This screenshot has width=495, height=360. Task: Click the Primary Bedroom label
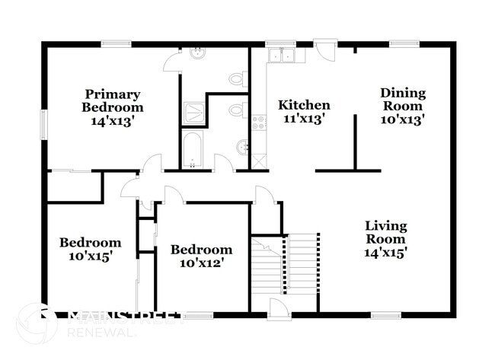click(x=112, y=107)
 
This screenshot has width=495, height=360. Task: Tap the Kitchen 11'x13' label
click(x=304, y=112)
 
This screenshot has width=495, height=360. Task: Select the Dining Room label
click(x=403, y=106)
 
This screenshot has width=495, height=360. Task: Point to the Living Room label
click(x=385, y=239)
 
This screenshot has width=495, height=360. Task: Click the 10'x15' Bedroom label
click(x=91, y=250)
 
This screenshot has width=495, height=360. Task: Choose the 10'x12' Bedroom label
click(x=201, y=256)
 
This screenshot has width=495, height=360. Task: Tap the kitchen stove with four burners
click(x=259, y=122)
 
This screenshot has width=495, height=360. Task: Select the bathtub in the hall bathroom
click(x=192, y=150)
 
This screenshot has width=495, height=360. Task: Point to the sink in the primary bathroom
click(x=197, y=53)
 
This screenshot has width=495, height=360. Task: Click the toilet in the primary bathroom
click(x=237, y=78)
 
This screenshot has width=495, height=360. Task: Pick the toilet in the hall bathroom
click(x=237, y=110)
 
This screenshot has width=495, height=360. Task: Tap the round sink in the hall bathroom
click(x=242, y=147)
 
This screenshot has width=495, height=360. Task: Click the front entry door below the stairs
click(x=279, y=308)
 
